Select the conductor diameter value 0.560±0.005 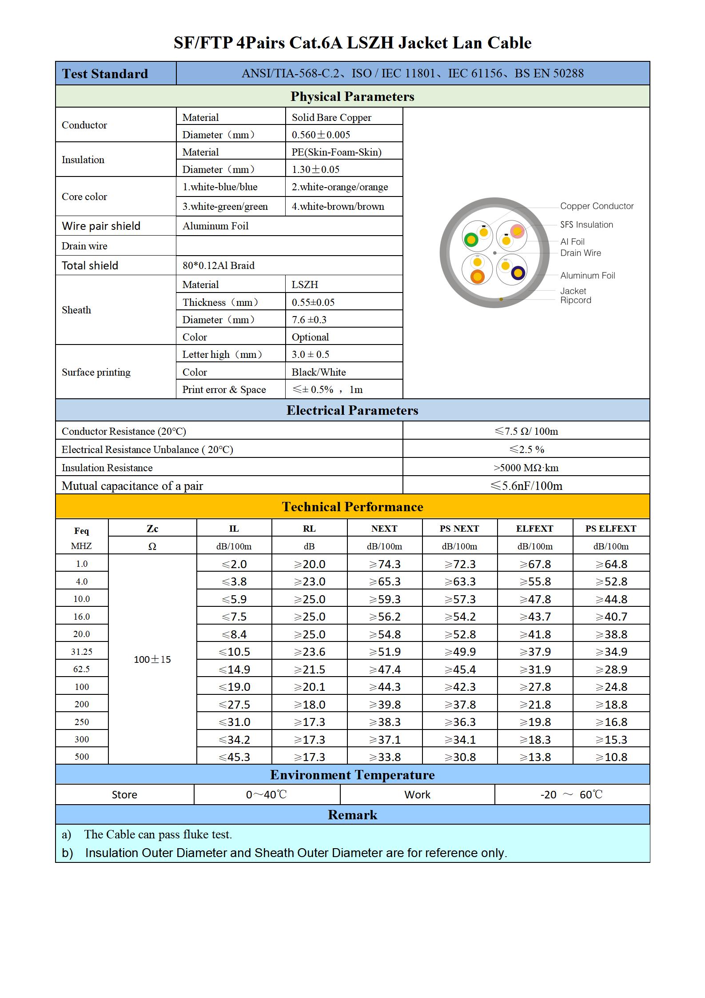(x=321, y=135)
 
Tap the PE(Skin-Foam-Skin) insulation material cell (x=336, y=152)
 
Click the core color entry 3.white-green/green (x=225, y=206)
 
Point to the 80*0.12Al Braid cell (x=219, y=265)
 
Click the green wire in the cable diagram (x=470, y=240)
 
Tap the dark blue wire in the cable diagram (x=518, y=273)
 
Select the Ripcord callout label (x=575, y=301)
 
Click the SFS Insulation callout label (x=586, y=225)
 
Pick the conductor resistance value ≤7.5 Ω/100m (x=526, y=431)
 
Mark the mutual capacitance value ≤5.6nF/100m (x=526, y=486)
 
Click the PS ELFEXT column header (x=610, y=529)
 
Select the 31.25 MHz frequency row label (x=82, y=652)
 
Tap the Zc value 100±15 (x=152, y=659)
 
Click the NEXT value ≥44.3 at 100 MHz (x=385, y=687)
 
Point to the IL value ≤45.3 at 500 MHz (x=234, y=757)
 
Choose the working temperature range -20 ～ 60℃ (x=571, y=794)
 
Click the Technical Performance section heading (x=352, y=507)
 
